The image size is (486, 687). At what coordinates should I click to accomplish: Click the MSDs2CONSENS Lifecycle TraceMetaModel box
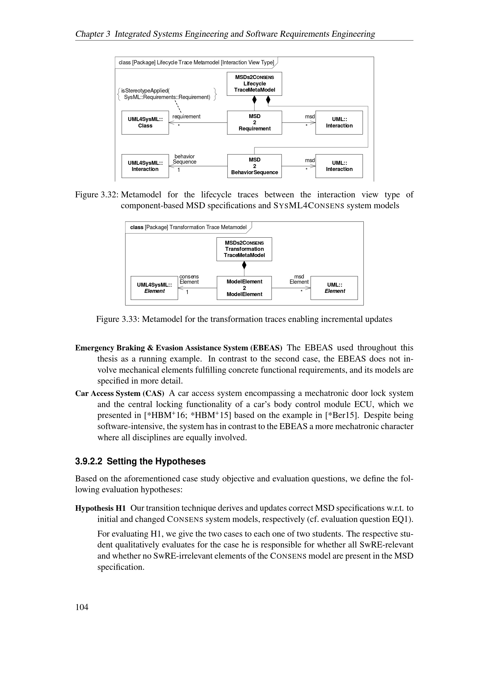[x=254, y=84]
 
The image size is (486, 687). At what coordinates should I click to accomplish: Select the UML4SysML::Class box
[x=145, y=123]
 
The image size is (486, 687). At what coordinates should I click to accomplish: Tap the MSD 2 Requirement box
[x=254, y=123]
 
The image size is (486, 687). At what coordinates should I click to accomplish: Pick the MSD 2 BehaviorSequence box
[x=254, y=166]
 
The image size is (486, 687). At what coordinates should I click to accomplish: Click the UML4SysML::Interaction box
[x=145, y=166]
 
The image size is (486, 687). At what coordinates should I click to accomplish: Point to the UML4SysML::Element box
[x=155, y=288]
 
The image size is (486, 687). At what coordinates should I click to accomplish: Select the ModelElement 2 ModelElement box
[x=244, y=288]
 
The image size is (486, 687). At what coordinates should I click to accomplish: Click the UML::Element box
[x=334, y=288]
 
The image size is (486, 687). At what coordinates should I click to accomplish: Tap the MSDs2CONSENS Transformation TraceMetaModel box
[x=244, y=249]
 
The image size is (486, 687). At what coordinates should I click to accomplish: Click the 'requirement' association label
[x=186, y=116]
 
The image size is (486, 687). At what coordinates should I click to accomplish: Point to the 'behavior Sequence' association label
[x=184, y=159]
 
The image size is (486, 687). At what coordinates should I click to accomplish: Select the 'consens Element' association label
[x=189, y=279]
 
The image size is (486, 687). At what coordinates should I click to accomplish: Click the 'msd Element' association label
[x=299, y=279]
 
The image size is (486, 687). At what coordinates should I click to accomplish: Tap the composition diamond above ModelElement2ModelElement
[x=244, y=265]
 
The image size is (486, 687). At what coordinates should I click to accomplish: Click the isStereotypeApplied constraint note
[x=167, y=94]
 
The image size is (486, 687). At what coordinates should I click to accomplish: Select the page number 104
[x=82, y=607]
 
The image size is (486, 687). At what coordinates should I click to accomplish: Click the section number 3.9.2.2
[x=88, y=461]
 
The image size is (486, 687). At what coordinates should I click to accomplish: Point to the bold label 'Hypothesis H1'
[x=100, y=508]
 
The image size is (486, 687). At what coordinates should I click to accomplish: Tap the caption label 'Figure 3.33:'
[x=118, y=319]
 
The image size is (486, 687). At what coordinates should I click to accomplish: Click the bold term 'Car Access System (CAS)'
[x=120, y=393]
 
